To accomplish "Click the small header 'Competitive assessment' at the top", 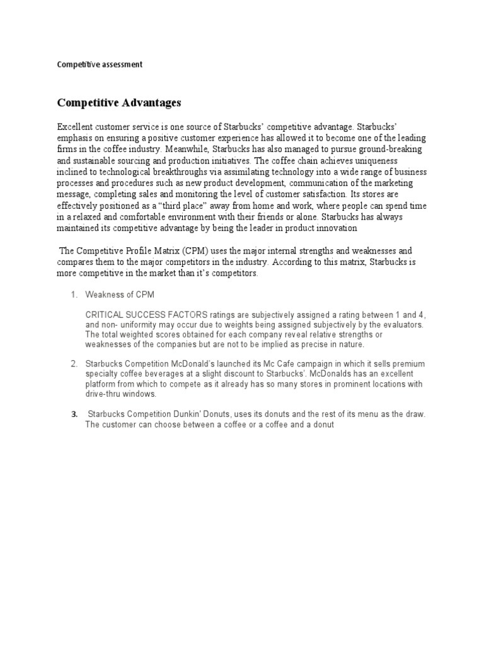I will [x=100, y=64].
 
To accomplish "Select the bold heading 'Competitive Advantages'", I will [x=119, y=102].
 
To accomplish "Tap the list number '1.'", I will [x=74, y=295].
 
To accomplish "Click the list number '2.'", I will [x=74, y=364].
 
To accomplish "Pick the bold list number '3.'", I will [x=74, y=414].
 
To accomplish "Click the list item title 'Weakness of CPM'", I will [x=120, y=295].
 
